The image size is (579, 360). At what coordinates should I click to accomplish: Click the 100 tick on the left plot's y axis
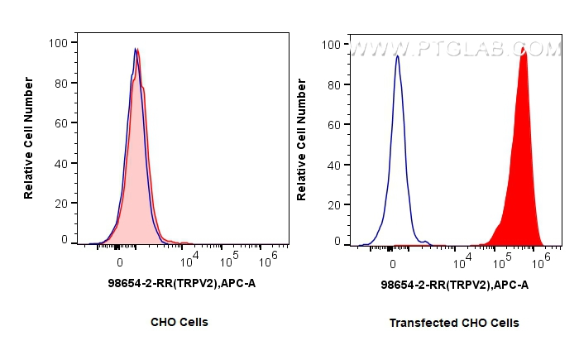tap(62, 43)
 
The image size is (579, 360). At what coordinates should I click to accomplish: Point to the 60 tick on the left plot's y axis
tap(62, 122)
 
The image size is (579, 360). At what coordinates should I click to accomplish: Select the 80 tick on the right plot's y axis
tap(335, 84)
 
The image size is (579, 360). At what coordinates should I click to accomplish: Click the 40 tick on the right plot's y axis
tap(335, 164)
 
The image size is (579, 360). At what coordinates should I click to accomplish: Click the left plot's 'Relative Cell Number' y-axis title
tap(29, 138)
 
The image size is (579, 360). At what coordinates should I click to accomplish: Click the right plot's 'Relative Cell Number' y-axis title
tap(302, 140)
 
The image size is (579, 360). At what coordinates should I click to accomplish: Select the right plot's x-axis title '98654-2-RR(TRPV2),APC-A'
tap(454, 285)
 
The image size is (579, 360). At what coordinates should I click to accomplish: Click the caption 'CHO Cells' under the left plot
tap(179, 322)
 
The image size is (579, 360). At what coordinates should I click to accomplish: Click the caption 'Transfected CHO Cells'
tap(454, 323)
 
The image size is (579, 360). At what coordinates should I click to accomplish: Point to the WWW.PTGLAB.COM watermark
tap(455, 50)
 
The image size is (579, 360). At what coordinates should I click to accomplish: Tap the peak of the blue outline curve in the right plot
tap(398, 56)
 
